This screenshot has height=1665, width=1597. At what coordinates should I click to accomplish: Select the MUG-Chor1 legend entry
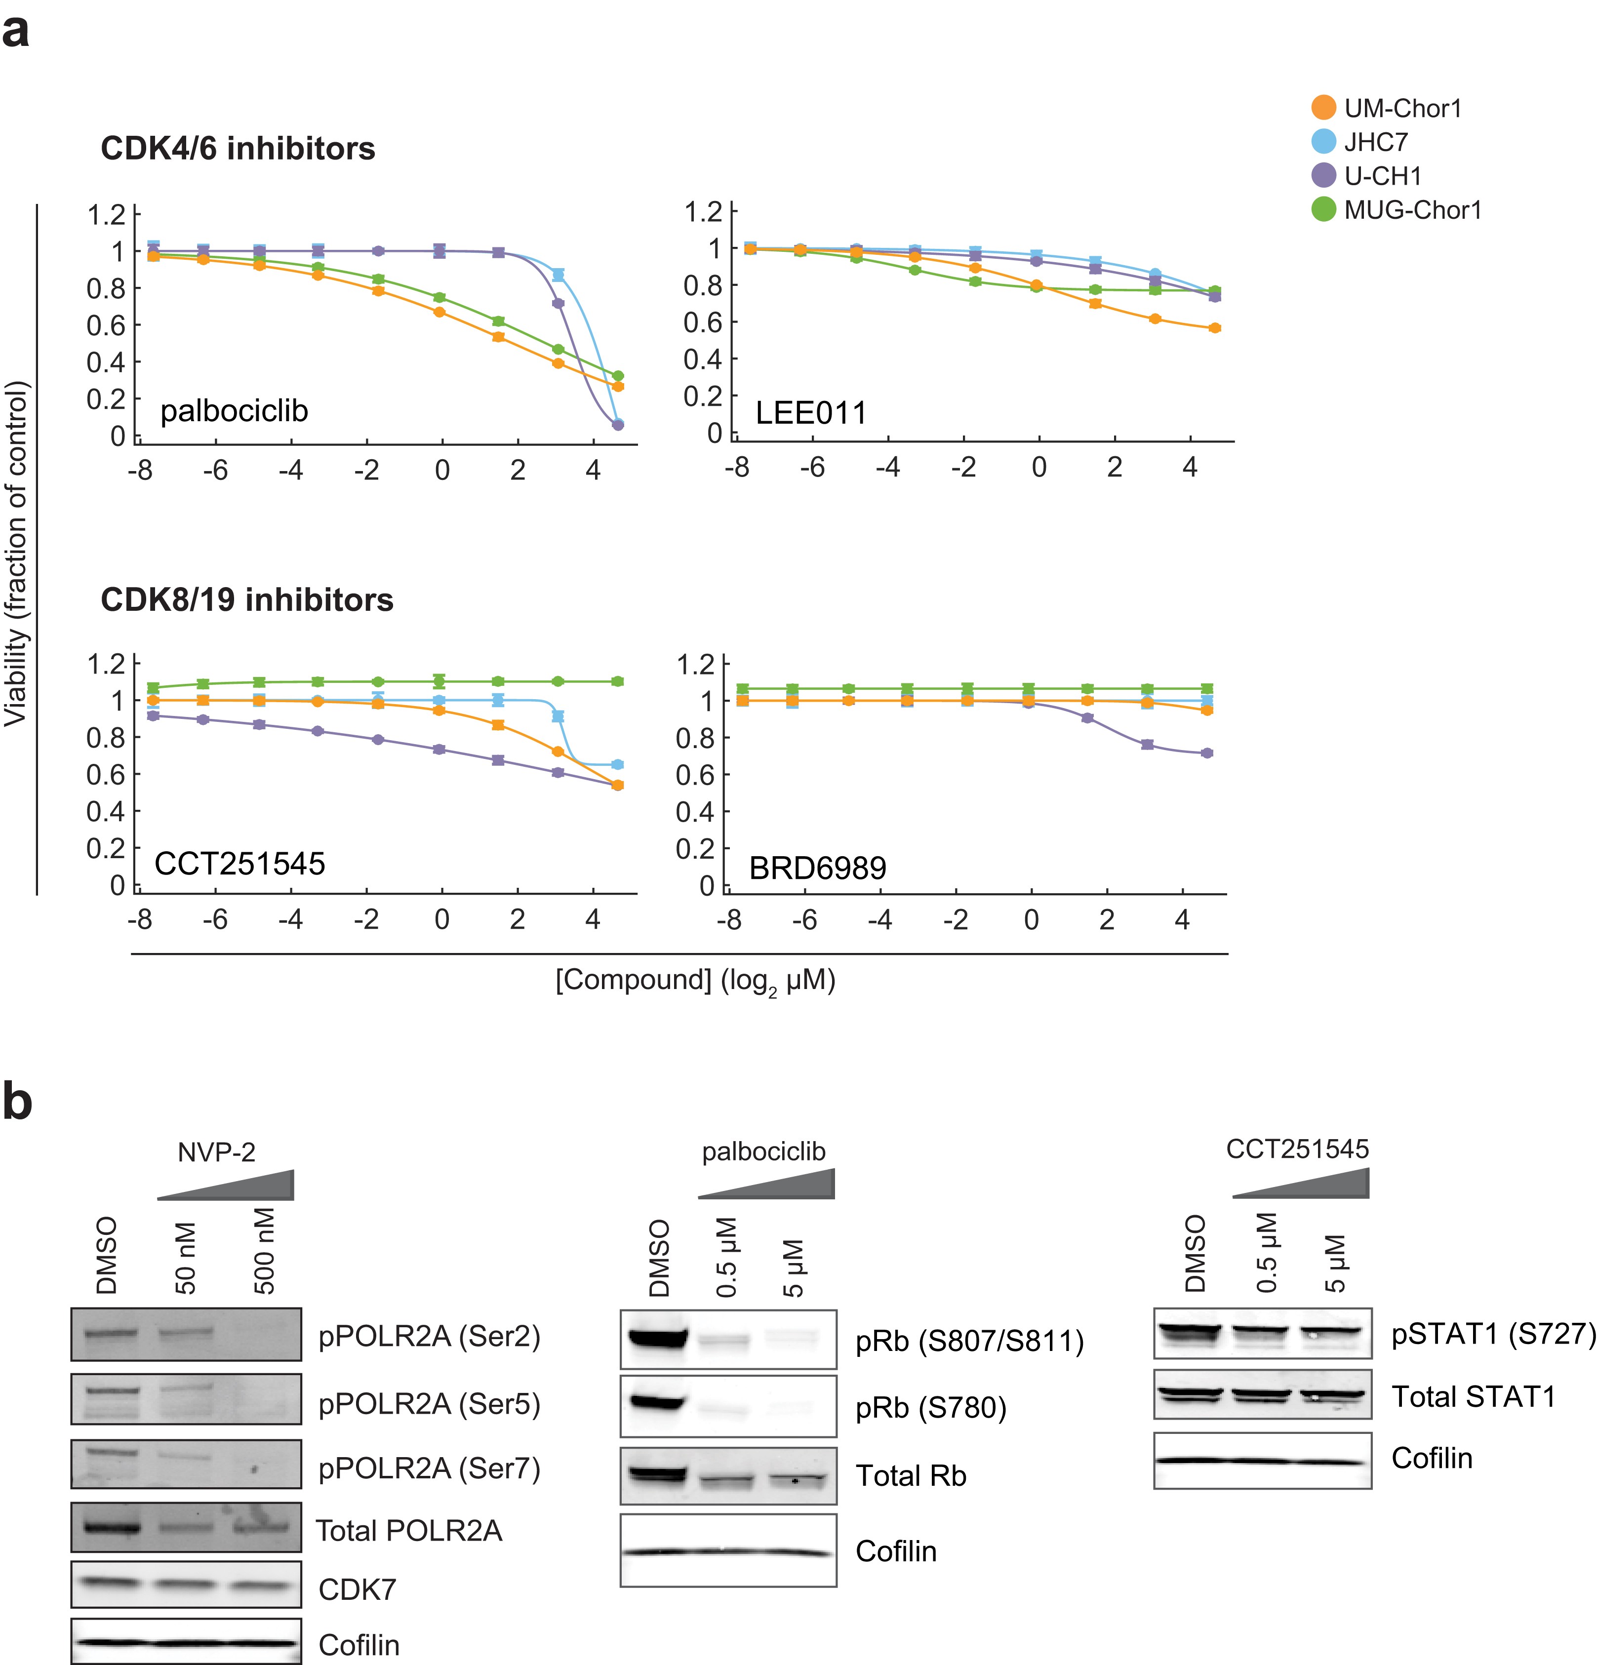[x=1412, y=210]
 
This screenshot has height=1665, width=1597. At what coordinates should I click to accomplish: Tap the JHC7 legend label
[x=1375, y=142]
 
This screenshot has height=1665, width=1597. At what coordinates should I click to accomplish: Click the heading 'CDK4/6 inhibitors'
[x=238, y=149]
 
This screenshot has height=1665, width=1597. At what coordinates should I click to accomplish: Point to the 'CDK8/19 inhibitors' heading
[x=246, y=600]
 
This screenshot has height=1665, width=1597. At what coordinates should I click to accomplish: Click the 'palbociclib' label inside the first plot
[x=234, y=411]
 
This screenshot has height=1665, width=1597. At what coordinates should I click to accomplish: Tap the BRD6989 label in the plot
[x=817, y=868]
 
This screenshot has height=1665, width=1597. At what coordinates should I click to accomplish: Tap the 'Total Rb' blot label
[x=911, y=1475]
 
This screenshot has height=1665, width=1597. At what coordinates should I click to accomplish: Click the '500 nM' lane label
[x=264, y=1250]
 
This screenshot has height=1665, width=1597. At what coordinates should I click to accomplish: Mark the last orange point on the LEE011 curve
[x=1215, y=328]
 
